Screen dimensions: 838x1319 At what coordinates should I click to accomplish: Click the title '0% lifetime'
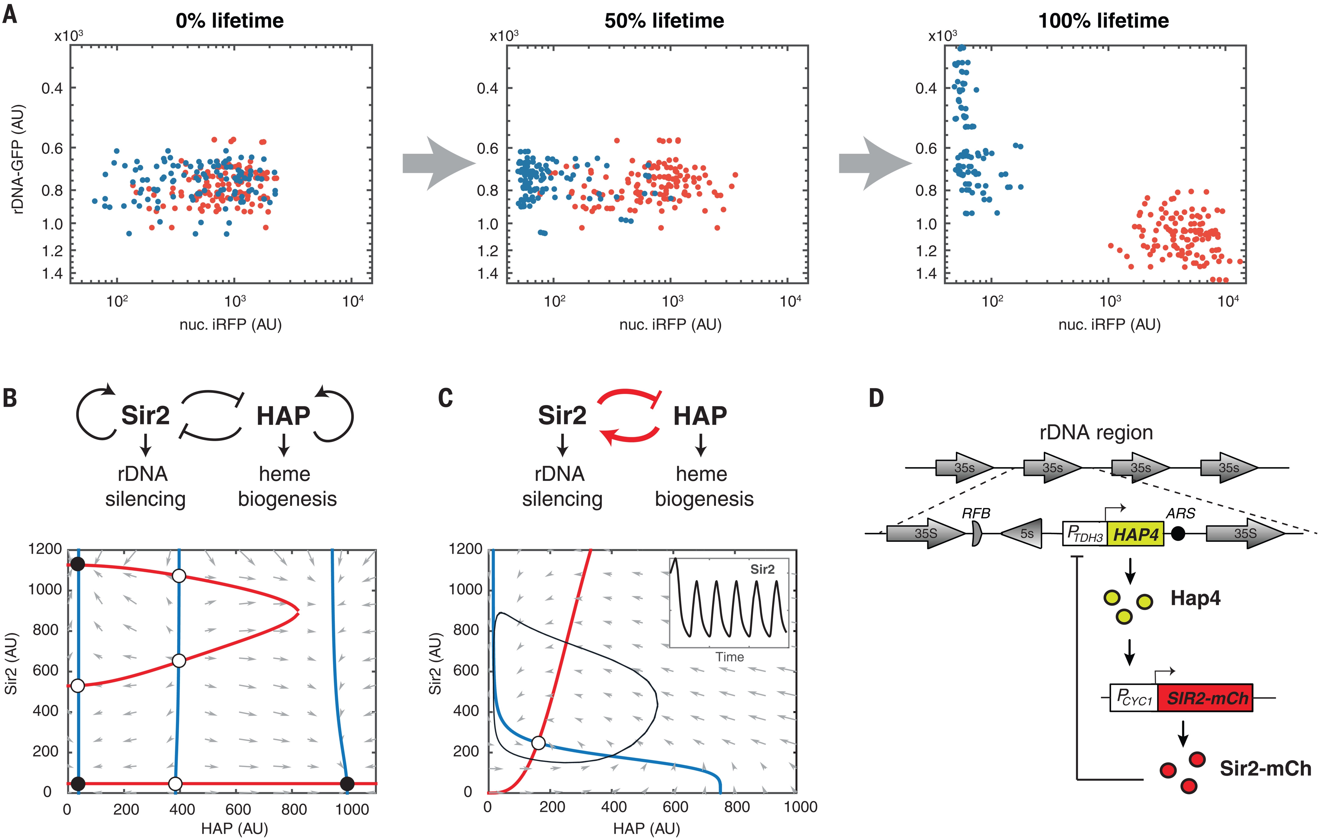[x=230, y=21]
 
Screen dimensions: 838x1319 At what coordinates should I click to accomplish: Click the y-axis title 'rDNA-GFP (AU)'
[x=18, y=159]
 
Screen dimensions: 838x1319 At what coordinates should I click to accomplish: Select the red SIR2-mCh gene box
[x=1205, y=698]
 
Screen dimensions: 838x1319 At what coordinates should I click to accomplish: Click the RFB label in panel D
[x=976, y=513]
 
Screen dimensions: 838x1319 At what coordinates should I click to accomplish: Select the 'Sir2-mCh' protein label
[x=1265, y=768]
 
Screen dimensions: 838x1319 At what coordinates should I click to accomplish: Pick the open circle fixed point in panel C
[x=538, y=743]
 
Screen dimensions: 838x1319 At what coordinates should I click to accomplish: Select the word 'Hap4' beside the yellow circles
[x=1195, y=598]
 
